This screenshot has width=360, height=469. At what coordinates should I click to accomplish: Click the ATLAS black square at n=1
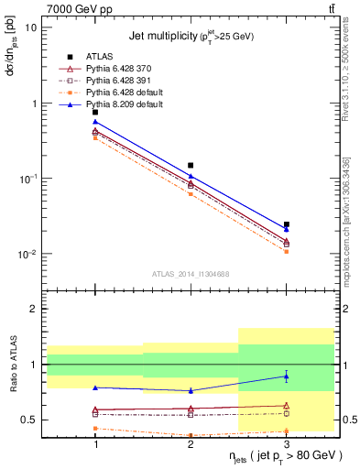coord(95,112)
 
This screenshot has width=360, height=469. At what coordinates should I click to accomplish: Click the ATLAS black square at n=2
coord(191,166)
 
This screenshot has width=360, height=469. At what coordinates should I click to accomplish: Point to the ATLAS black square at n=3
coord(286,224)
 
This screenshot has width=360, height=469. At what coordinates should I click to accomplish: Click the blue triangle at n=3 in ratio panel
coord(286,376)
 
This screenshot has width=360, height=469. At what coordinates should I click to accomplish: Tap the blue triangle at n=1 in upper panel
coord(95,122)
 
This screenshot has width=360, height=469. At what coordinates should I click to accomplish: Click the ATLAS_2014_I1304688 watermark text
coord(191,274)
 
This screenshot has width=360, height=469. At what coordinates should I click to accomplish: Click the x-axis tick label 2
coord(191,443)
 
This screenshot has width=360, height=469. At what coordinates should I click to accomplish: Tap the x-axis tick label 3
coord(286,443)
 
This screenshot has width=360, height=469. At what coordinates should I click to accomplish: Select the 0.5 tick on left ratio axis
coord(30,420)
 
